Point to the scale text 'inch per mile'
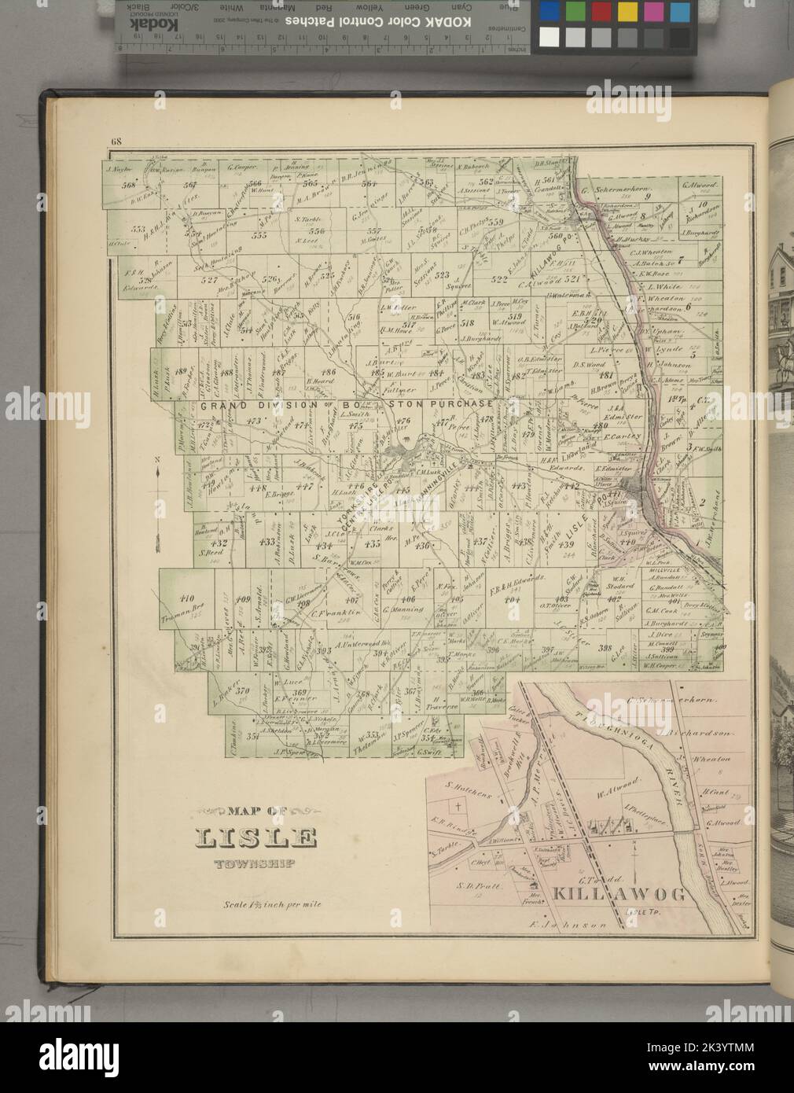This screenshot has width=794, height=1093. pos(288,904)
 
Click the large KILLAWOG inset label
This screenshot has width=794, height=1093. pos(619,893)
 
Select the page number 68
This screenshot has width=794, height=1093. pos(116,142)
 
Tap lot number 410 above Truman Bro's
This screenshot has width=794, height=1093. pos(187,597)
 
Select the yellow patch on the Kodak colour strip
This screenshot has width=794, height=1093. pos(627,12)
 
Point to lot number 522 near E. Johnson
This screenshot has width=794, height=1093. pos(499,279)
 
